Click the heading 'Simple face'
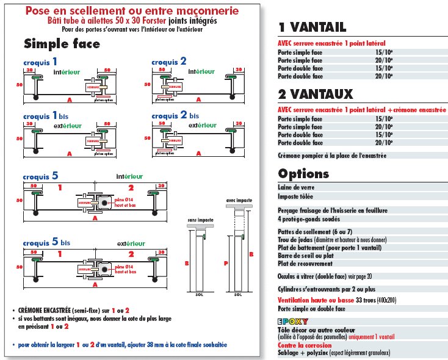point(62,44)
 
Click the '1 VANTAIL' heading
point(312,27)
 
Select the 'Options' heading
point(303,173)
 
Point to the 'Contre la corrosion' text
point(303,345)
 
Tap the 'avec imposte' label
point(238,200)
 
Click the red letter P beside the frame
point(225,263)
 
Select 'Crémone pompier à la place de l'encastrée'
point(332,156)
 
